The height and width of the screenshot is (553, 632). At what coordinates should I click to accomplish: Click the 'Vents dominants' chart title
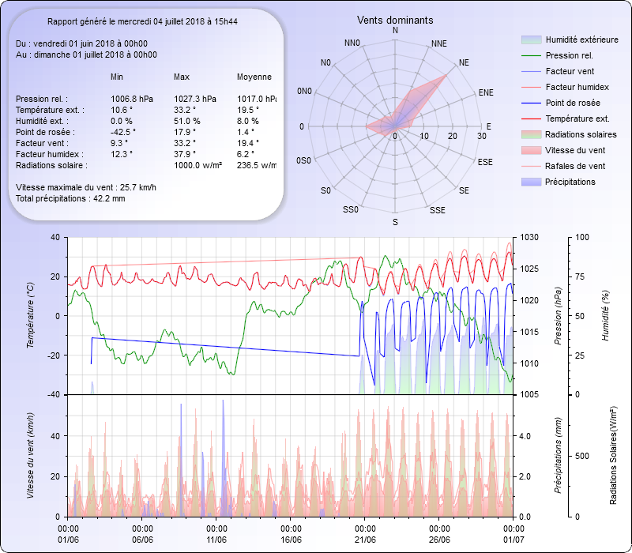[394, 20]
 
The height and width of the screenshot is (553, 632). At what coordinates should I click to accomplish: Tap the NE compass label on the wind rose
[465, 62]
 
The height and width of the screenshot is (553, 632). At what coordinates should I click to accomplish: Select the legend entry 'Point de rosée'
[572, 103]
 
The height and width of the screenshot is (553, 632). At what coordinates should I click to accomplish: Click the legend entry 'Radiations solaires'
[581, 134]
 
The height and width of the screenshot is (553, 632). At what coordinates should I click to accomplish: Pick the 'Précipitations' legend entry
[570, 182]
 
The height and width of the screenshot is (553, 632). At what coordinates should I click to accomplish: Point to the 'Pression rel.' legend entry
[569, 55]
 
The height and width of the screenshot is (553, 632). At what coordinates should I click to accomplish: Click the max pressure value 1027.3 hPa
[194, 99]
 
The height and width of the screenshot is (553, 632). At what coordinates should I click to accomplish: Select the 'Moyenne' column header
[254, 77]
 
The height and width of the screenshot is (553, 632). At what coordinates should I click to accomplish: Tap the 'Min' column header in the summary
[117, 77]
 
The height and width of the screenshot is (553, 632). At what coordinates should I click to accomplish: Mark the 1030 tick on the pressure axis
[529, 238]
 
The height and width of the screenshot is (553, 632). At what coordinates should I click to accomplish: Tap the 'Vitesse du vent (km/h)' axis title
[29, 455]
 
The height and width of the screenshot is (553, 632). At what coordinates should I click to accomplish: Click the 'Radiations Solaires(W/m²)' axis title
[613, 456]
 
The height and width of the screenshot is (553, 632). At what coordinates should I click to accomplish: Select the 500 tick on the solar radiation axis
[583, 456]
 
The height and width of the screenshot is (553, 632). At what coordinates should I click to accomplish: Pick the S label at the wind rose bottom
[395, 222]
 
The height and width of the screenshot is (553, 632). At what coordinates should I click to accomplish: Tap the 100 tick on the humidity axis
[582, 238]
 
